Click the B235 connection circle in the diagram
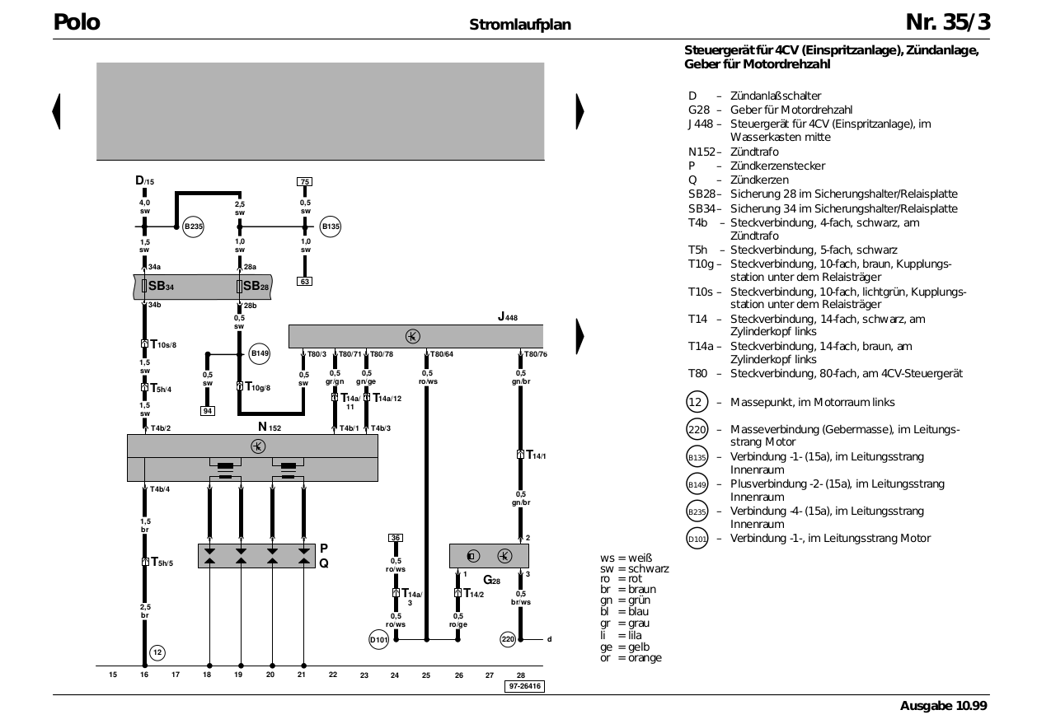click(193, 227)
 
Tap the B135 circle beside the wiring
click(331, 227)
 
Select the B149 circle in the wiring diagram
click(259, 354)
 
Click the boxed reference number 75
click(305, 182)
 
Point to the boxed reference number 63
click(305, 281)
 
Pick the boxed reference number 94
click(208, 411)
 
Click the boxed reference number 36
click(396, 538)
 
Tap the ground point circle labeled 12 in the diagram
click(157, 653)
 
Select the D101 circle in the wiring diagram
click(378, 640)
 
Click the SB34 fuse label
click(161, 287)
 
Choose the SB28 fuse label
click(256, 287)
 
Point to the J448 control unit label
click(508, 317)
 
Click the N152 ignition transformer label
click(270, 427)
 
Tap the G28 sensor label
click(491, 580)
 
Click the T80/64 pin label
click(442, 354)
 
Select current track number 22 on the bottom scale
click(333, 675)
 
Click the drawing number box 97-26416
click(524, 686)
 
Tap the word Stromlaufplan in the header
click(520, 25)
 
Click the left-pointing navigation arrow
click(56, 111)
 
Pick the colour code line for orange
click(631, 658)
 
